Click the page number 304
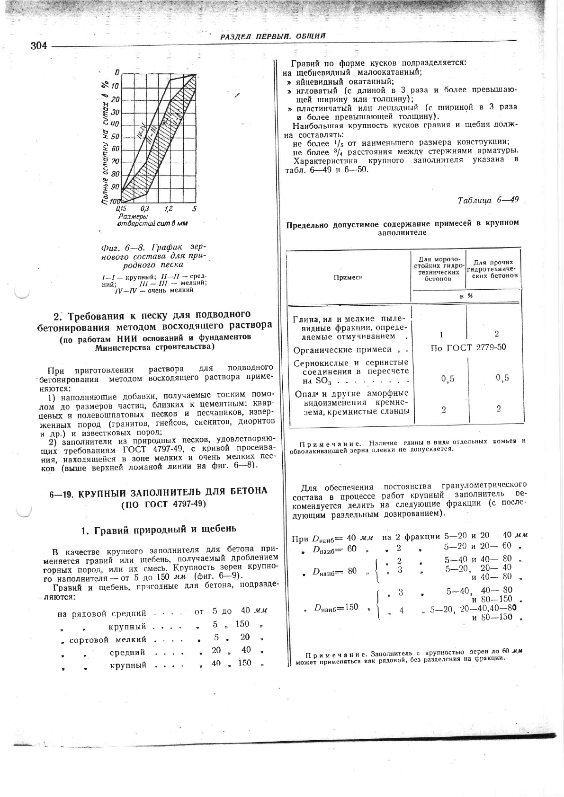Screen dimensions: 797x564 39,46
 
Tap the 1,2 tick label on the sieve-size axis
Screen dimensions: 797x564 169,209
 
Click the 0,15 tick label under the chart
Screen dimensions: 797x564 121,209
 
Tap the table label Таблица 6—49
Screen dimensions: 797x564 488,200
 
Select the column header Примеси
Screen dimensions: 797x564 348,277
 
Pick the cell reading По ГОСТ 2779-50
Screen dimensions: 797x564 468,348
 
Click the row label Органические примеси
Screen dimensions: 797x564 342,350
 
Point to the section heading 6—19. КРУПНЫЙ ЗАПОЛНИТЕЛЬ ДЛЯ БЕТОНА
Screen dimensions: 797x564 158,492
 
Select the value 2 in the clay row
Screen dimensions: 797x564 496,334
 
